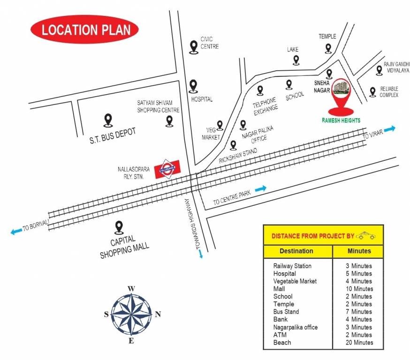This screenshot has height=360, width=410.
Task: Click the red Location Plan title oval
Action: (84, 30)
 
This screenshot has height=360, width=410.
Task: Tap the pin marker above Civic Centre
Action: (193, 46)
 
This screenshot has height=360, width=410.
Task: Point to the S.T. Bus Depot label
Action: (113, 134)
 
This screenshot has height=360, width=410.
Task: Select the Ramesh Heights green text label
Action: (341, 120)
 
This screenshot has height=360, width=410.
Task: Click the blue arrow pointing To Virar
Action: (390, 128)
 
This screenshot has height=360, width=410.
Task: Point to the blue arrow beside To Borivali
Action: (16, 231)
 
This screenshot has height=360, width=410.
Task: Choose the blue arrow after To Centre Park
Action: (261, 188)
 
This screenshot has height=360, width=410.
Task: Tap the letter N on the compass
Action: (158, 314)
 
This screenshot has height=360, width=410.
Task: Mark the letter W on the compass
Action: (132, 289)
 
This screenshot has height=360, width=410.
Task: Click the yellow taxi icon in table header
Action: (366, 235)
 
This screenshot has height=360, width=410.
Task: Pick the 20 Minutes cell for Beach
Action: (359, 343)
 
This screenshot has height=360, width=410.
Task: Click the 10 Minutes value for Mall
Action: (359, 289)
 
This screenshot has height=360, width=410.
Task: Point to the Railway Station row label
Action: (292, 266)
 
